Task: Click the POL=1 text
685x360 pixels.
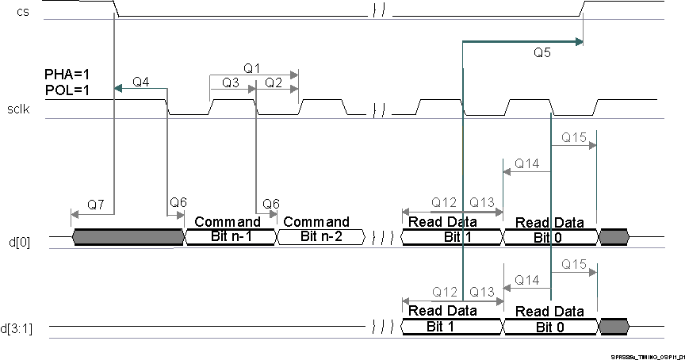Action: click(x=67, y=90)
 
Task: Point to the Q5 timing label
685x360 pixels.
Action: click(x=543, y=54)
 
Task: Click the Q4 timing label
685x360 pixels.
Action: click(x=141, y=82)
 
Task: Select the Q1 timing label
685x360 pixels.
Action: click(x=252, y=69)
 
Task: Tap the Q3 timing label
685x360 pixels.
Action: click(x=231, y=82)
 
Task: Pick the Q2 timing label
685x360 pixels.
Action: click(x=274, y=82)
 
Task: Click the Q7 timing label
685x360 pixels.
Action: click(x=96, y=205)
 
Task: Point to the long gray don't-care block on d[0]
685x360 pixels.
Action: click(x=128, y=236)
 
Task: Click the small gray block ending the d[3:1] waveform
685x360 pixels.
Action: click(x=614, y=326)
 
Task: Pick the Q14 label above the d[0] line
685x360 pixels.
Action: click(x=526, y=163)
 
